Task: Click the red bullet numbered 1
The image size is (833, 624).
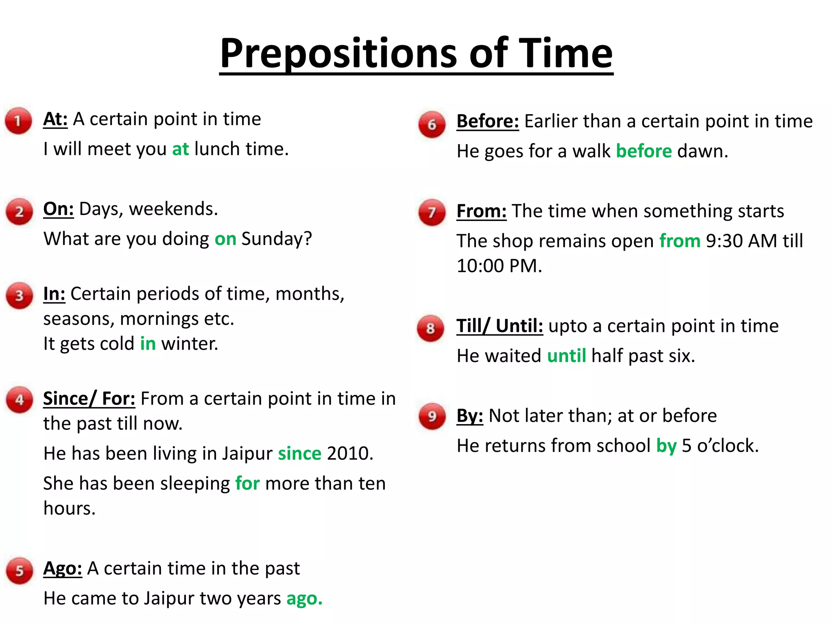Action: click(18, 121)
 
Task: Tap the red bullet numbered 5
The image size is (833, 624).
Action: click(19, 571)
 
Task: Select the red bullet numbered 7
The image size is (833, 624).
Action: click(432, 212)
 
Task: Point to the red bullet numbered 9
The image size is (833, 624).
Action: click(432, 416)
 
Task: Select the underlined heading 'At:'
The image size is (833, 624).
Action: click(55, 119)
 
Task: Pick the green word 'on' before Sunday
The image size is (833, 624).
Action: click(225, 239)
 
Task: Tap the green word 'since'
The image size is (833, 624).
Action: click(300, 453)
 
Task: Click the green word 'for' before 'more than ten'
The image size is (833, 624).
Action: click(247, 483)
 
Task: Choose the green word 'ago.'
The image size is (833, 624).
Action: click(304, 598)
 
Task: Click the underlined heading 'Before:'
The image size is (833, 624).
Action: click(488, 121)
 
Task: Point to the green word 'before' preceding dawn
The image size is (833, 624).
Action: click(644, 151)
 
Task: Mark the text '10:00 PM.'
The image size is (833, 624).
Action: click(499, 266)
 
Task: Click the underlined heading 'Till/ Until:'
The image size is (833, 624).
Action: click(499, 326)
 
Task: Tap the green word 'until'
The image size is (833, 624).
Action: click(566, 356)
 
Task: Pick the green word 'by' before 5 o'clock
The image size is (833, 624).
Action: click(666, 446)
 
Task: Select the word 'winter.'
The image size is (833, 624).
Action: click(190, 344)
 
